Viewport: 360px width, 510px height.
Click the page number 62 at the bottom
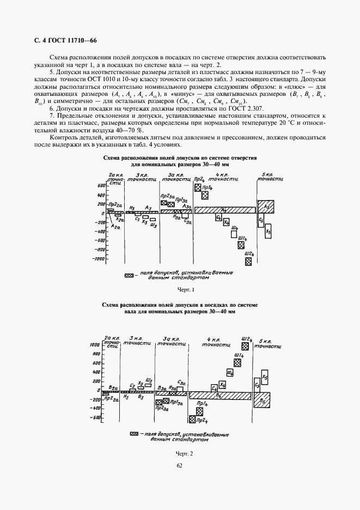(x=180, y=465)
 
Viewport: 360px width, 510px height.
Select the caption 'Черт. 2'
(x=185, y=453)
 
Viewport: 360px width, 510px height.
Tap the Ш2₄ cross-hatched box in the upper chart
(x=248, y=261)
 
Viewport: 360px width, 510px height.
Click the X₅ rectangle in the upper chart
(x=268, y=232)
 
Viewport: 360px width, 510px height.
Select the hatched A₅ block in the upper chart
(x=266, y=207)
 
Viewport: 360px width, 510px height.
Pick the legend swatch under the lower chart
(x=134, y=434)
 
